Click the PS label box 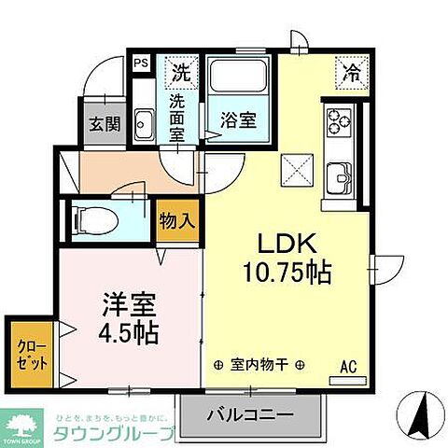coord(142,63)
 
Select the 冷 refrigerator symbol coord(352,69)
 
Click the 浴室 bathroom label coord(235,120)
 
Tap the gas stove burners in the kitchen coord(337,119)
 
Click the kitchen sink coord(339,175)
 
